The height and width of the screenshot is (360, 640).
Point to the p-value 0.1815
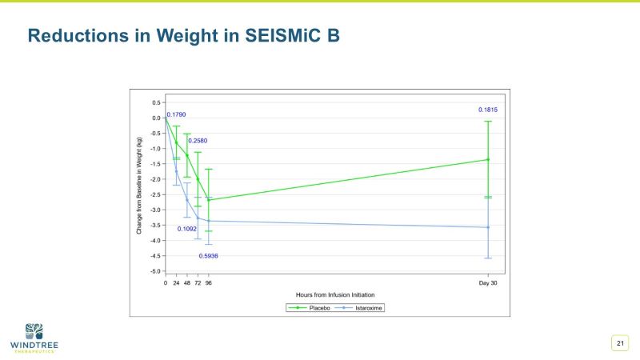488,110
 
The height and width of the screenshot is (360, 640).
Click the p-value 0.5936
209,256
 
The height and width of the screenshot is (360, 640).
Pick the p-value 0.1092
187,229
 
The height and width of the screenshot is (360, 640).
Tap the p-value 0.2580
198,141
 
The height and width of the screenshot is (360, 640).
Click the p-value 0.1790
176,114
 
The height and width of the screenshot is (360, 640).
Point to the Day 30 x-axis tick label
488,283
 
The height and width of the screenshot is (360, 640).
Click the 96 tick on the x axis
209,283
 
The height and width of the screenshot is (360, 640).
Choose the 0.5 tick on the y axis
156,102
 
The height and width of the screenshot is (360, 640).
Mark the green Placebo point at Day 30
488,159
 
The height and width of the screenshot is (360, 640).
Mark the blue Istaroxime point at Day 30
488,227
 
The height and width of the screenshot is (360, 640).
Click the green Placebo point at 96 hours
209,200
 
